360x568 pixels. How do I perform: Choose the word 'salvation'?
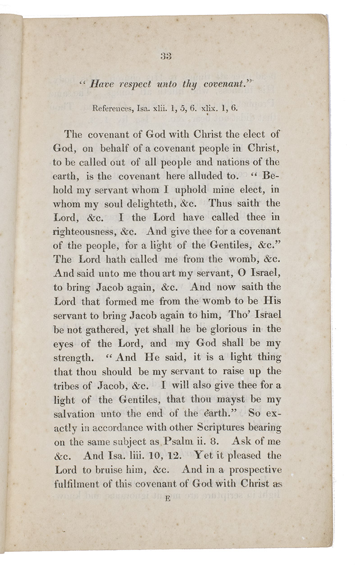point(74,414)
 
